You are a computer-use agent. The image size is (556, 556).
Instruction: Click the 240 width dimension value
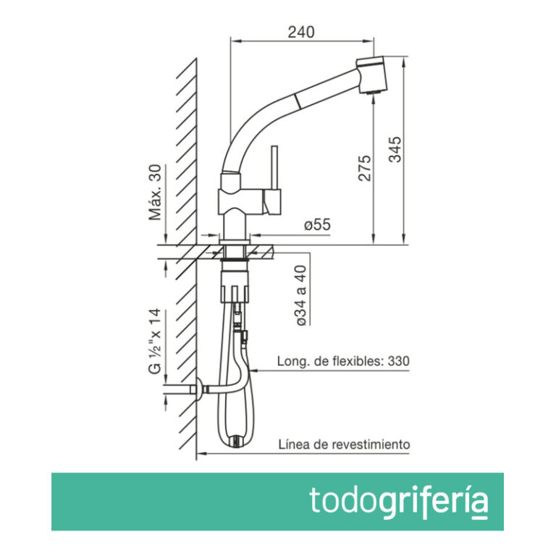coord(301,31)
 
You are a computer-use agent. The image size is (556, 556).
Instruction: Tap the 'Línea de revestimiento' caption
coord(344,444)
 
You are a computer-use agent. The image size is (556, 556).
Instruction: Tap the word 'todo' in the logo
coord(342,500)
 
